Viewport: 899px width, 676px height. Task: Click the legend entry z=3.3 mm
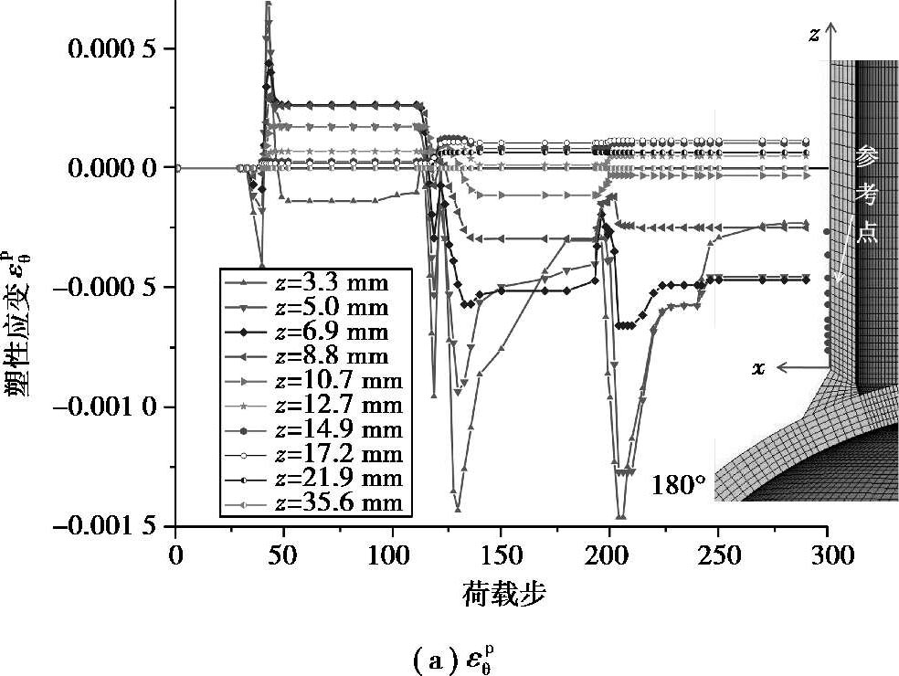[x=312, y=282]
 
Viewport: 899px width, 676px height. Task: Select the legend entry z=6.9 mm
[x=312, y=332]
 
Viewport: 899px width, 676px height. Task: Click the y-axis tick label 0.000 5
[x=111, y=48]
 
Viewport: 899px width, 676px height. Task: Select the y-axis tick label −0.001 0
[x=104, y=407]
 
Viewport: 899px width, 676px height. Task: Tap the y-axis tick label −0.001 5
[x=104, y=526]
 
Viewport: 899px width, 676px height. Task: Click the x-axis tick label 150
[x=501, y=555]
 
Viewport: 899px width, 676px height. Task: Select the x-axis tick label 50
[x=284, y=555]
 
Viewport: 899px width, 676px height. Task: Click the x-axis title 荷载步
[x=503, y=594]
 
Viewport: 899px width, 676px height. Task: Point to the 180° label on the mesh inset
[x=678, y=485]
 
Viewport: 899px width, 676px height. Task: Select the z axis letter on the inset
[x=813, y=36]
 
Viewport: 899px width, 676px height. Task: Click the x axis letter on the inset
[x=758, y=368]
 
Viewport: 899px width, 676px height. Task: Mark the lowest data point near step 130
[x=458, y=509]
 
